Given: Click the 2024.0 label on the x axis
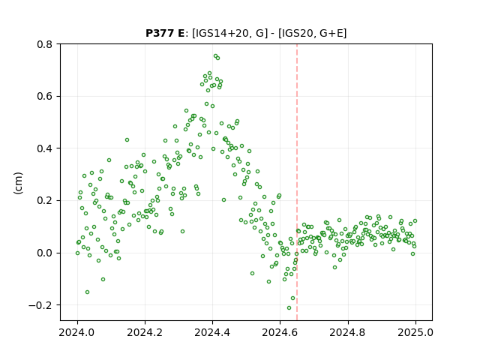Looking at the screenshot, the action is pyautogui.click(x=77, y=332).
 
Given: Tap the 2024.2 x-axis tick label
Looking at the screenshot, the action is pyautogui.click(x=145, y=332).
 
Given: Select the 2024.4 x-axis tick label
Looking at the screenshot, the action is pyautogui.click(x=212, y=332).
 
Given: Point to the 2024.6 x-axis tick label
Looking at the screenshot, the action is pyautogui.click(x=280, y=332).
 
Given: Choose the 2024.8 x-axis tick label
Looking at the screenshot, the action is pyautogui.click(x=347, y=332).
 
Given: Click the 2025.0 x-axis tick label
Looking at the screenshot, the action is pyautogui.click(x=415, y=332).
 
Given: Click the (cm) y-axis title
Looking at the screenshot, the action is pyautogui.click(x=18, y=183).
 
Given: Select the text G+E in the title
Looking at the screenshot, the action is pyautogui.click(x=331, y=33).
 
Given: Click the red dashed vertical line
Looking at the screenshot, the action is pyautogui.click(x=297, y=182).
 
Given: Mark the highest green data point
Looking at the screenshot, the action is pyautogui.click(x=215, y=56).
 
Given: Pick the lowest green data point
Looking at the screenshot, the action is pyautogui.click(x=289, y=307).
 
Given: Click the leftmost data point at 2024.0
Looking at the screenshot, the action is pyautogui.click(x=77, y=253).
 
